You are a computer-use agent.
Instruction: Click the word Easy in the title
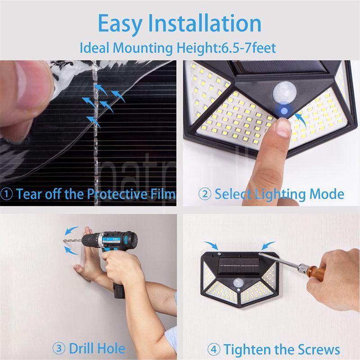pyautogui.click(x=120, y=24)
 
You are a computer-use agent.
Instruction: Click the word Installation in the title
pyautogui.click(x=205, y=23)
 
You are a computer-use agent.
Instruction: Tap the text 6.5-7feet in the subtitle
pyautogui.click(x=248, y=48)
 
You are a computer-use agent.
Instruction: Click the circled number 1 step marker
pyautogui.click(x=6, y=194)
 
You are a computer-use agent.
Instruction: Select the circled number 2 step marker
pyautogui.click(x=205, y=194)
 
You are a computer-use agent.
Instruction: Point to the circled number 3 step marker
pyautogui.click(x=59, y=348)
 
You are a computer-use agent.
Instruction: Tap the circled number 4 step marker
pyautogui.click(x=214, y=350)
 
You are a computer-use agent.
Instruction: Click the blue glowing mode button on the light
pyautogui.click(x=284, y=111)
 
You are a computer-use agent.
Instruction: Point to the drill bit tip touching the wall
pyautogui.click(x=63, y=241)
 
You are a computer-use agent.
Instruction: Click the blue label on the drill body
pyautogui.click(x=111, y=240)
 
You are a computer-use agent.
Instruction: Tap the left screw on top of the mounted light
pyautogui.click(x=219, y=254)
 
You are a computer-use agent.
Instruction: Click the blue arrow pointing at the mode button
pyautogui.click(x=301, y=119)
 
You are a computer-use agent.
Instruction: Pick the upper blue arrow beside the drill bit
pyautogui.click(x=71, y=230)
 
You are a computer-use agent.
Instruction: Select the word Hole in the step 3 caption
pyautogui.click(x=111, y=348)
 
